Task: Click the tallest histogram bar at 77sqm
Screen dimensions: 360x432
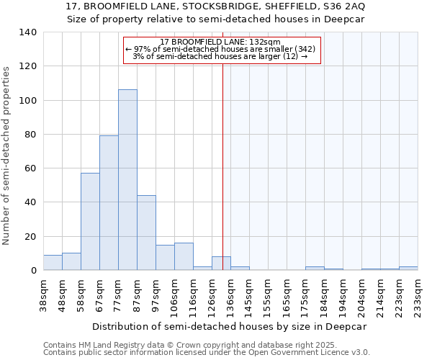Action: coord(127,180)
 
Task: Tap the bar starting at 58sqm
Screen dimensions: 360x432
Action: coord(90,222)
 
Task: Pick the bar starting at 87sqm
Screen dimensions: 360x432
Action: coord(146,233)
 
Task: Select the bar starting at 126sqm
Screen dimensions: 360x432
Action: coord(221,264)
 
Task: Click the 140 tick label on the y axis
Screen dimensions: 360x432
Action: coord(28,32)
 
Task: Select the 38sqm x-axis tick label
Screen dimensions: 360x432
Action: coord(43,294)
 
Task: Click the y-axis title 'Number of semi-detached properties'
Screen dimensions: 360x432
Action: coord(7,156)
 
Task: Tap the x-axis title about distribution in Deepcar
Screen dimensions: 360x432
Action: coord(229,326)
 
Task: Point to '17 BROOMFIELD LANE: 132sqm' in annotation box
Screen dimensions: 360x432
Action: coord(220,42)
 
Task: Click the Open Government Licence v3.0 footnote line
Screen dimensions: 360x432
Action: coord(207,352)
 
